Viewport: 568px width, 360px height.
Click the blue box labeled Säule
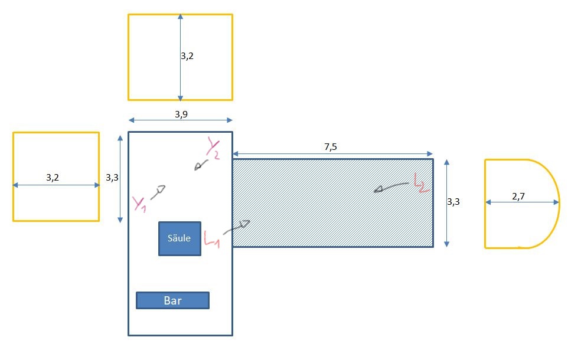179,238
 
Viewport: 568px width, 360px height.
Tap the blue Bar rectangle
172,300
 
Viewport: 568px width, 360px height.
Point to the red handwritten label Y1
139,204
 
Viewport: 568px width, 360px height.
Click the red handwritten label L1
211,239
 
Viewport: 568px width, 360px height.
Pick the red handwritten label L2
421,184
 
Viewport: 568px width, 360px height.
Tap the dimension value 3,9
181,114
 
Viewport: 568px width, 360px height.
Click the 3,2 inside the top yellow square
187,57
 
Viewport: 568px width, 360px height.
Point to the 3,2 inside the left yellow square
53,177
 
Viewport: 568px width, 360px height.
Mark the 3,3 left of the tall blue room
112,176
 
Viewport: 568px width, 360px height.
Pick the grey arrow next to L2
389,188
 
